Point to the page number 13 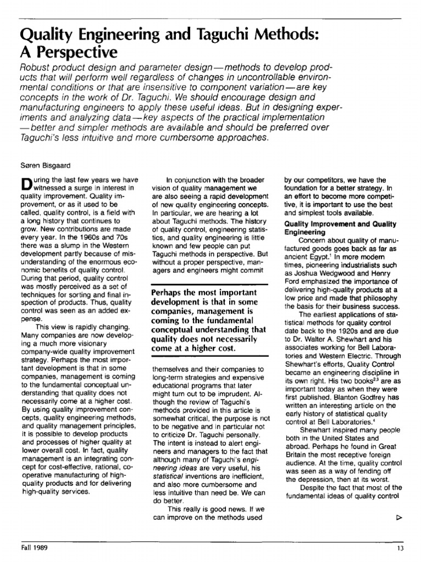(401, 548)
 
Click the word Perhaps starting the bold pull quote (167, 293)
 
